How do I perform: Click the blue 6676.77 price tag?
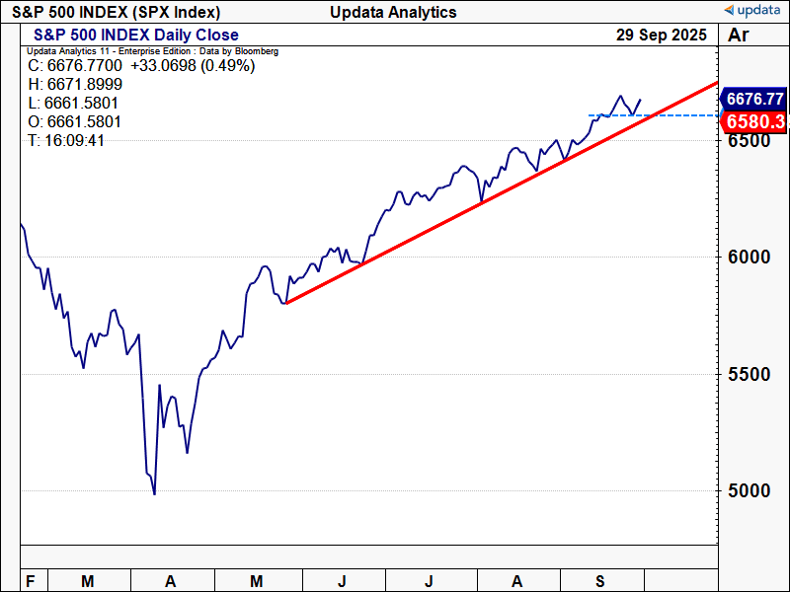coord(754,99)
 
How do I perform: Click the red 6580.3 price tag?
coord(754,121)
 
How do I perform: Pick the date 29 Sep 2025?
coord(661,35)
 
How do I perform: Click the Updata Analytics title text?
coord(394,12)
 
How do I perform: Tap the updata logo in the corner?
coord(754,11)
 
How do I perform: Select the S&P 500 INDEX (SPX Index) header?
coord(117,12)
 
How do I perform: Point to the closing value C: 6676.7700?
coord(75,66)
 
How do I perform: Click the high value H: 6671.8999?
coord(75,85)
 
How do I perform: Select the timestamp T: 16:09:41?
coord(66,141)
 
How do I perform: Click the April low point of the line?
coord(154,493)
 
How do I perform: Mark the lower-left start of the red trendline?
coord(285,303)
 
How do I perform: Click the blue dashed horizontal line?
coord(681,115)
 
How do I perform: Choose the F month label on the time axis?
coord(31,581)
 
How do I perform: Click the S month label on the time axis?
coord(602,581)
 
